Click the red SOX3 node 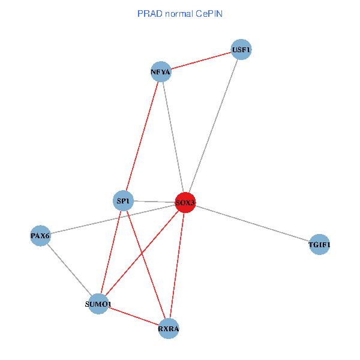(x=185, y=202)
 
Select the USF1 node (x=241, y=50)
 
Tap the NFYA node (x=161, y=73)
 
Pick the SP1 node (x=123, y=200)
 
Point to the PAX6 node (x=40, y=236)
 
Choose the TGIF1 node (x=319, y=244)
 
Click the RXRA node (x=169, y=328)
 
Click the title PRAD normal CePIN (x=180, y=13)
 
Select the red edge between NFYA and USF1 (x=201, y=61)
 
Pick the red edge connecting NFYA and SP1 (x=142, y=136)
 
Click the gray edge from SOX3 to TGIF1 (x=252, y=223)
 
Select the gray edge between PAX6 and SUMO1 (x=69, y=269)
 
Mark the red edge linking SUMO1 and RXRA (x=133, y=316)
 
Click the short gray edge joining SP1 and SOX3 (x=153, y=201)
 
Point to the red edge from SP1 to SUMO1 (x=111, y=252)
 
